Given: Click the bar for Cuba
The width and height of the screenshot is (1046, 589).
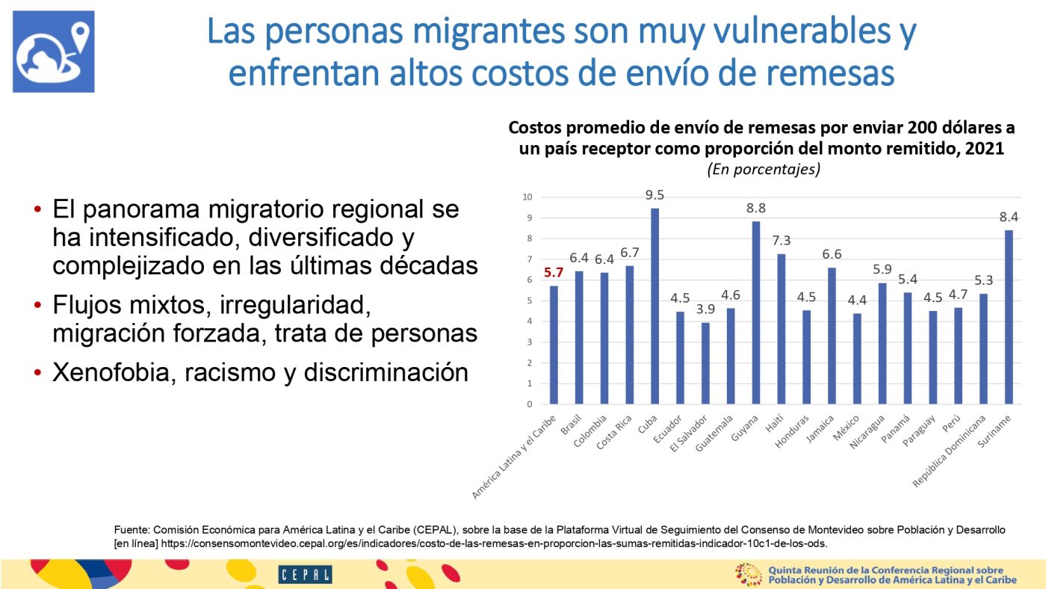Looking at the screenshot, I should click(655, 306).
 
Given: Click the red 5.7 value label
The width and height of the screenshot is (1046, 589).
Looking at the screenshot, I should click(554, 272).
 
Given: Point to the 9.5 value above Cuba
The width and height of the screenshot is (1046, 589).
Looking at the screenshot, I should click(655, 195).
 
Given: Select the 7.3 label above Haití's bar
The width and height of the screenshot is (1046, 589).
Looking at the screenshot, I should click(782, 241).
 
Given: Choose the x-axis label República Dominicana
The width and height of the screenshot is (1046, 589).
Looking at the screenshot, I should click(948, 451).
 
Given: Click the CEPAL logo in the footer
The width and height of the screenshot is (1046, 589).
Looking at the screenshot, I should click(305, 574).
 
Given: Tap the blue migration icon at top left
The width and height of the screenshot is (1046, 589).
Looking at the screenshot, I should click(54, 52).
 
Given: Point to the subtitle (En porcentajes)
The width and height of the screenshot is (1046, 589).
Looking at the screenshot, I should click(763, 170).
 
